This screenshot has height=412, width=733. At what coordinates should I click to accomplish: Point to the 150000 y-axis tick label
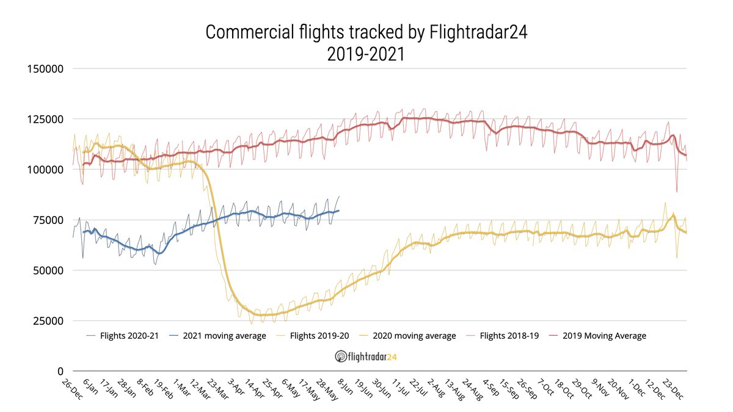[46, 68]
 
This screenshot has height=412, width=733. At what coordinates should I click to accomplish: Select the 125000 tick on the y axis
[46, 119]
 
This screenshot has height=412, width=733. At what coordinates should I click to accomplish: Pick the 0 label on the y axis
[60, 371]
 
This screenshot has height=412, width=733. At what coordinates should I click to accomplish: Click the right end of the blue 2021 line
[339, 211]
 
